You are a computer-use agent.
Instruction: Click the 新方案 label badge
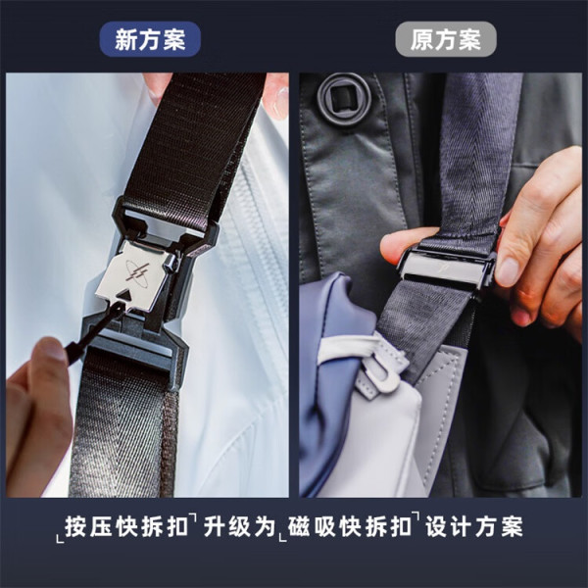point(150,39)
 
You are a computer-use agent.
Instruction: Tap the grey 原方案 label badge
point(446,39)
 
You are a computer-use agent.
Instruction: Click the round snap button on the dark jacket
point(344,97)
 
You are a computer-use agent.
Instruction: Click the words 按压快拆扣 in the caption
point(126,527)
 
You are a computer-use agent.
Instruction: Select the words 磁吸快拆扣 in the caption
point(350,527)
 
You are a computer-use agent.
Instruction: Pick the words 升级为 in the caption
point(240,527)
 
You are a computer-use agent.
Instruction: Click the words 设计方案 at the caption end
point(474,527)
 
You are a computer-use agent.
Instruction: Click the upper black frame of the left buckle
point(165,225)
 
